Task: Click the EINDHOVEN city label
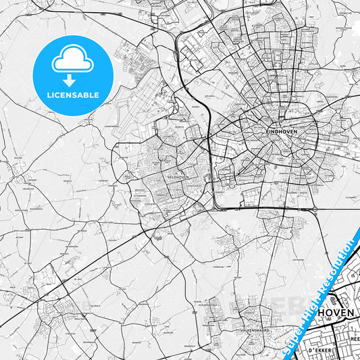tap(282, 130)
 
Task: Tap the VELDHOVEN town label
tap(178, 176)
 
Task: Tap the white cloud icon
tap(73, 61)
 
